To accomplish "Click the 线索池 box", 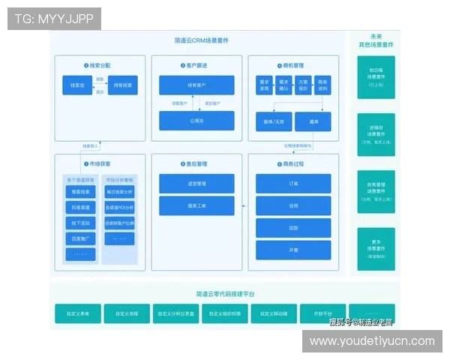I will (x=76, y=86).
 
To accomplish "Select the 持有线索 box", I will (x=123, y=86).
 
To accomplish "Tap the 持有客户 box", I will (x=196, y=85).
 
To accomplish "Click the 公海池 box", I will (x=196, y=120).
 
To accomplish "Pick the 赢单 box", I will (x=313, y=121).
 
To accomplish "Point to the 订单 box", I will (x=293, y=184).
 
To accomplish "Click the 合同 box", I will (x=293, y=205).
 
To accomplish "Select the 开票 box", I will (x=293, y=249).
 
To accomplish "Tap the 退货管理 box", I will (x=196, y=184).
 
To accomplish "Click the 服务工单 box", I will (x=196, y=205).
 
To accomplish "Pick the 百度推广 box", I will (x=80, y=238).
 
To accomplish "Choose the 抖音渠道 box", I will (x=80, y=207).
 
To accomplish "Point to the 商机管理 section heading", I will (x=293, y=66).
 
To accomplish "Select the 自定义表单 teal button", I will (x=78, y=314).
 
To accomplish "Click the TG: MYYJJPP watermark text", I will (x=54, y=19).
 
